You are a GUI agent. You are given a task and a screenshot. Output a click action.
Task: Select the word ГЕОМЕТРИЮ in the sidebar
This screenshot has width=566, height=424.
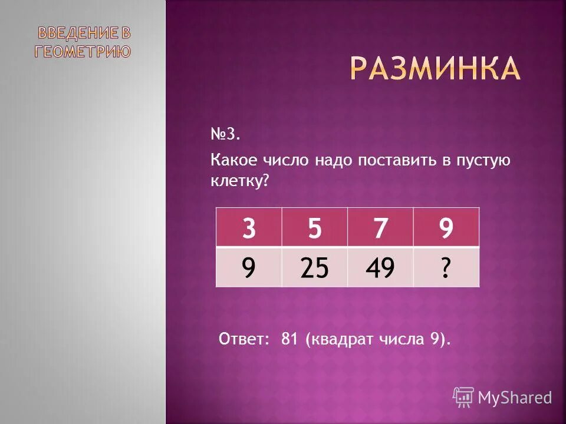pyautogui.click(x=83, y=51)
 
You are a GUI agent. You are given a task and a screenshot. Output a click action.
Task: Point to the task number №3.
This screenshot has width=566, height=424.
pyautogui.click(x=225, y=135)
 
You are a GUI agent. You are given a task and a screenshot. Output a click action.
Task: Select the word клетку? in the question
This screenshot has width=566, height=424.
pyautogui.click(x=239, y=183)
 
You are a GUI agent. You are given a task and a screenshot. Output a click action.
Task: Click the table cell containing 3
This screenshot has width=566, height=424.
pyautogui.click(x=249, y=227)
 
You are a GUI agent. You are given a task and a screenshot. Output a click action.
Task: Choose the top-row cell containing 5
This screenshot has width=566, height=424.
pyautogui.click(x=315, y=227)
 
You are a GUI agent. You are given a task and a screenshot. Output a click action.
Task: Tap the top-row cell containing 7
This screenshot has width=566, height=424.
pyautogui.click(x=380, y=227)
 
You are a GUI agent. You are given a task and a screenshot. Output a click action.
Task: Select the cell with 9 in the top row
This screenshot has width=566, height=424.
pyautogui.click(x=446, y=227)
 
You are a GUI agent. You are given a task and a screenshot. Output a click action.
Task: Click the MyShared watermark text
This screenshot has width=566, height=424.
pyautogui.click(x=514, y=398)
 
